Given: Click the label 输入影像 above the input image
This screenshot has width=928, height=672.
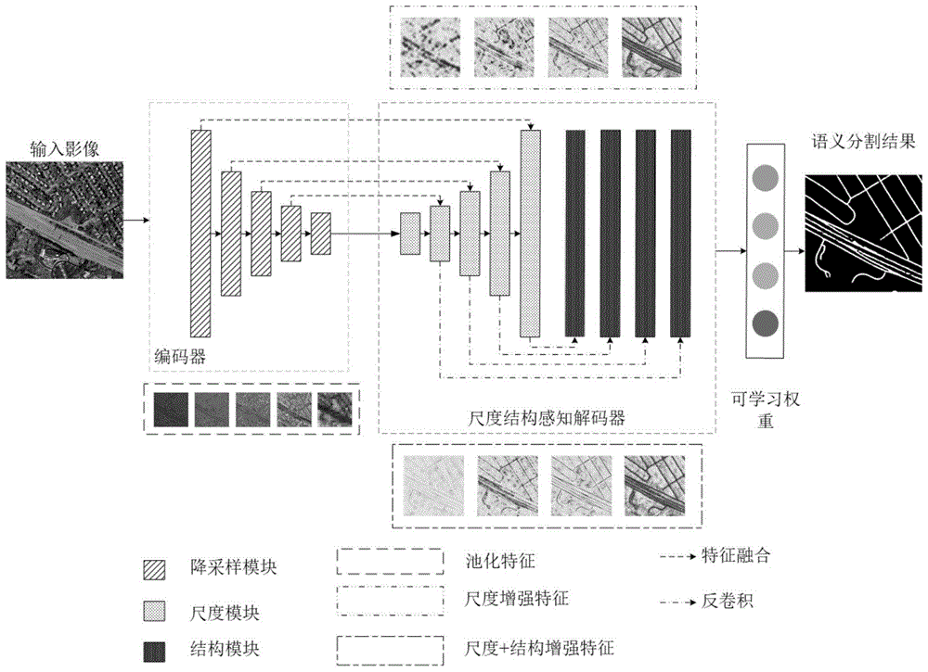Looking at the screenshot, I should tap(62, 147).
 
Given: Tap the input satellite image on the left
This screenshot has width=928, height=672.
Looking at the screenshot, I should tap(63, 220).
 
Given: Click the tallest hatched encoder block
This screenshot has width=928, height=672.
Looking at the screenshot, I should tap(200, 233).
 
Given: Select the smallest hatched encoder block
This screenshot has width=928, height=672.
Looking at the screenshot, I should tap(321, 233).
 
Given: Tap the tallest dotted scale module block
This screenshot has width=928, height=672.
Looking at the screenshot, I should tap(530, 233).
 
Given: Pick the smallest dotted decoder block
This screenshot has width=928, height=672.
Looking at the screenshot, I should tap(410, 233).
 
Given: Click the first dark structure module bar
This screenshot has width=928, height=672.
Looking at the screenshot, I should tap(575, 233).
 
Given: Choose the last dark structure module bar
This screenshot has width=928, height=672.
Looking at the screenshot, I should tap(680, 233).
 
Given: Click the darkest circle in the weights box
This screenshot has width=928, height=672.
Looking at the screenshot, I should tap(766, 323).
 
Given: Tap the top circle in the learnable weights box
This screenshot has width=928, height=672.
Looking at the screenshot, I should tap(766, 177).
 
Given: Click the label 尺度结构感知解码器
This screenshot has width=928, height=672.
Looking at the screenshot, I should tap(547, 417).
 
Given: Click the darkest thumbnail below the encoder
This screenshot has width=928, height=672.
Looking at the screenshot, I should tap(169, 408).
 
